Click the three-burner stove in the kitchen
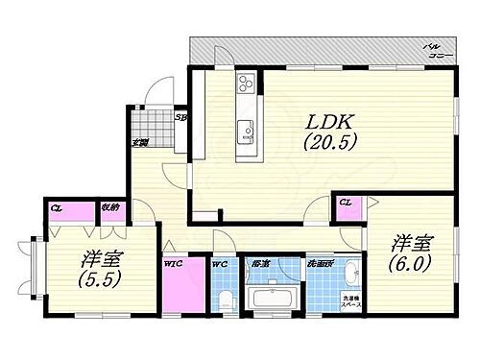[246, 84]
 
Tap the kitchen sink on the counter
[246, 128]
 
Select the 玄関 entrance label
[139, 142]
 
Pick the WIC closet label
[173, 262]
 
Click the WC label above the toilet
[218, 262]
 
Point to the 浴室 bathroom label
[259, 262]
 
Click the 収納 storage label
[110, 206]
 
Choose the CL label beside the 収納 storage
[57, 206]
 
